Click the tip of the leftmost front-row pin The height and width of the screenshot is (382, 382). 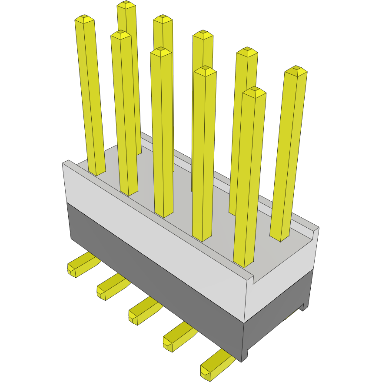(x=85, y=19)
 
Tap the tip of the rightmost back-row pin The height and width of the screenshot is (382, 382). (x=296, y=70)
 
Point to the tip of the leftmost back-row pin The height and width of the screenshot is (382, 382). (x=126, y=5)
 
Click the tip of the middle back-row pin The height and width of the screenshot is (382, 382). (x=203, y=34)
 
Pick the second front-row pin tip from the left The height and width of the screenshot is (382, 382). (x=120, y=34)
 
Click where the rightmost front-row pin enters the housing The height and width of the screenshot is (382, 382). (x=243, y=263)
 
